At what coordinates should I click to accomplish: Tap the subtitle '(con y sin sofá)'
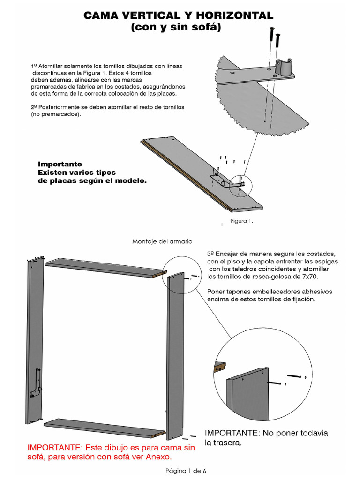pos(176,28)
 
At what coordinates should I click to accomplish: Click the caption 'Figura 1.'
pos(241,221)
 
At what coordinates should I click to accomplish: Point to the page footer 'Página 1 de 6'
pos(186,471)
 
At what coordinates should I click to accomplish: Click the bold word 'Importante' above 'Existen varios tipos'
pos(60,164)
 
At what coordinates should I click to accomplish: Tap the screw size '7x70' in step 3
pos(308,277)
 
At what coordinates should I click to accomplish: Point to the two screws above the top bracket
pos(275,38)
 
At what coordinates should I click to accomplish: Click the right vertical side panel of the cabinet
pos(176,347)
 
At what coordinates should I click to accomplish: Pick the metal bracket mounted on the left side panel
pos(37,382)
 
